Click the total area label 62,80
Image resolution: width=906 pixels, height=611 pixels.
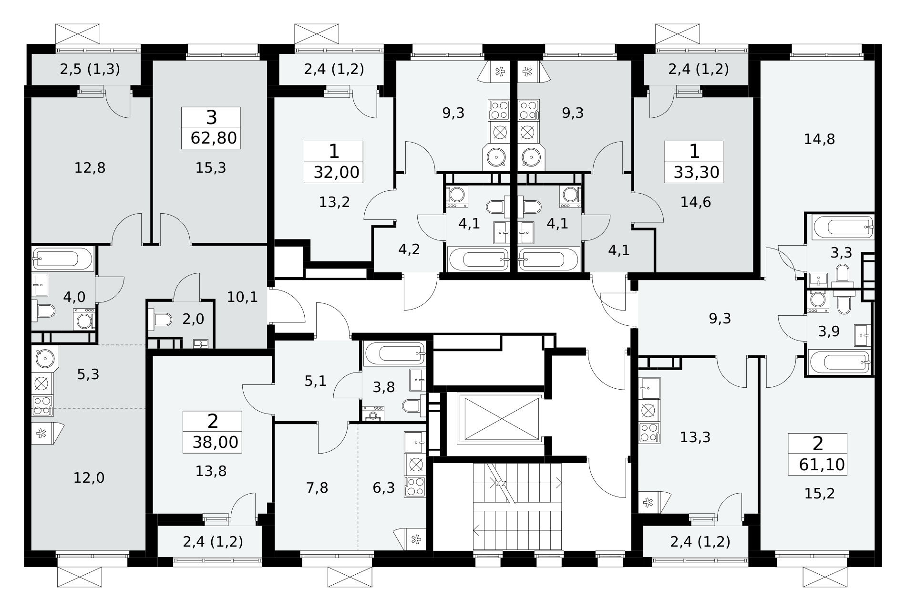[x=214, y=138]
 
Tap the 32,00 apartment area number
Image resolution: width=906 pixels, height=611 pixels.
[x=337, y=172]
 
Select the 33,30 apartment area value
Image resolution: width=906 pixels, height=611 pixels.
[x=697, y=172]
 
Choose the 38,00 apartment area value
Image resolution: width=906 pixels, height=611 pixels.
[x=216, y=442]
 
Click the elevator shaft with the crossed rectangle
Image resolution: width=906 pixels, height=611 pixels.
[x=499, y=418]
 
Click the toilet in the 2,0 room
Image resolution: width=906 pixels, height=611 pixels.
[x=159, y=319]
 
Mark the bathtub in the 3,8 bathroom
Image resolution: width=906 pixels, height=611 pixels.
[x=394, y=353]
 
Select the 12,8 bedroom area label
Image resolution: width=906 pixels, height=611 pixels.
[x=90, y=168]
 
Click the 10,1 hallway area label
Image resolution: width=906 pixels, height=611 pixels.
[x=242, y=298]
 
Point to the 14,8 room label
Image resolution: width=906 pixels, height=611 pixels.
[x=819, y=139]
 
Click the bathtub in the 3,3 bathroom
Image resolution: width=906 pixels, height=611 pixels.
[x=843, y=228]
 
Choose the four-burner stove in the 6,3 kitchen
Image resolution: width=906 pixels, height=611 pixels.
[x=415, y=487]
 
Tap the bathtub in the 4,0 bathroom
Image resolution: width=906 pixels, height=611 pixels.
[x=63, y=259]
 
